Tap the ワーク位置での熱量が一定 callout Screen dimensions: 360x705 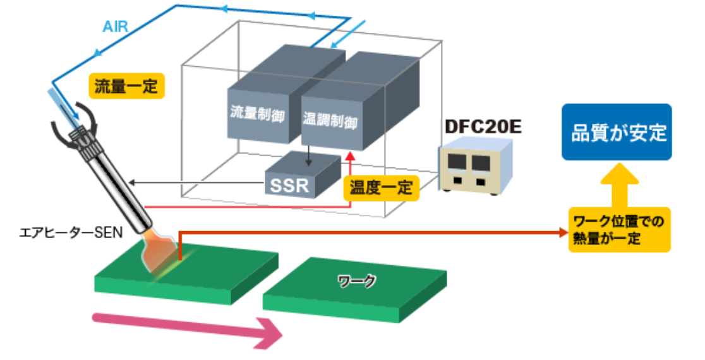pyautogui.click(x=618, y=230)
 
